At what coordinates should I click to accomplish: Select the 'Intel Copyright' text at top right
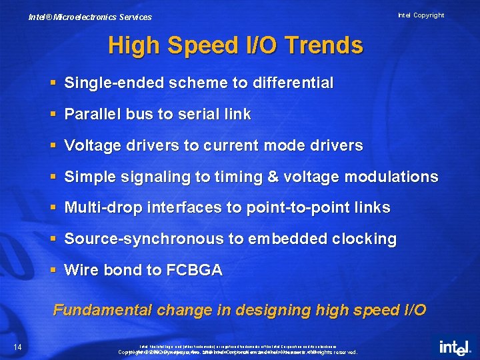point(421,15)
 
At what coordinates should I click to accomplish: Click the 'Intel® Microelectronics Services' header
point(90,17)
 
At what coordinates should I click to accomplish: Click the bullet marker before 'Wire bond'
point(54,270)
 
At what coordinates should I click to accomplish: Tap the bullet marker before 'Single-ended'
point(54,83)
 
